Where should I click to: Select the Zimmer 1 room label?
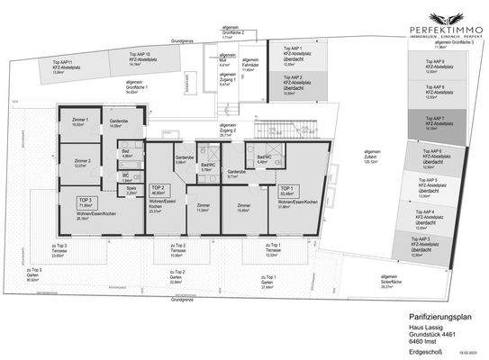80,122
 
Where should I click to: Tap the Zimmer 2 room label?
80,163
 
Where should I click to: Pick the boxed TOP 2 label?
158,190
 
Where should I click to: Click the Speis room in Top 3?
131,191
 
